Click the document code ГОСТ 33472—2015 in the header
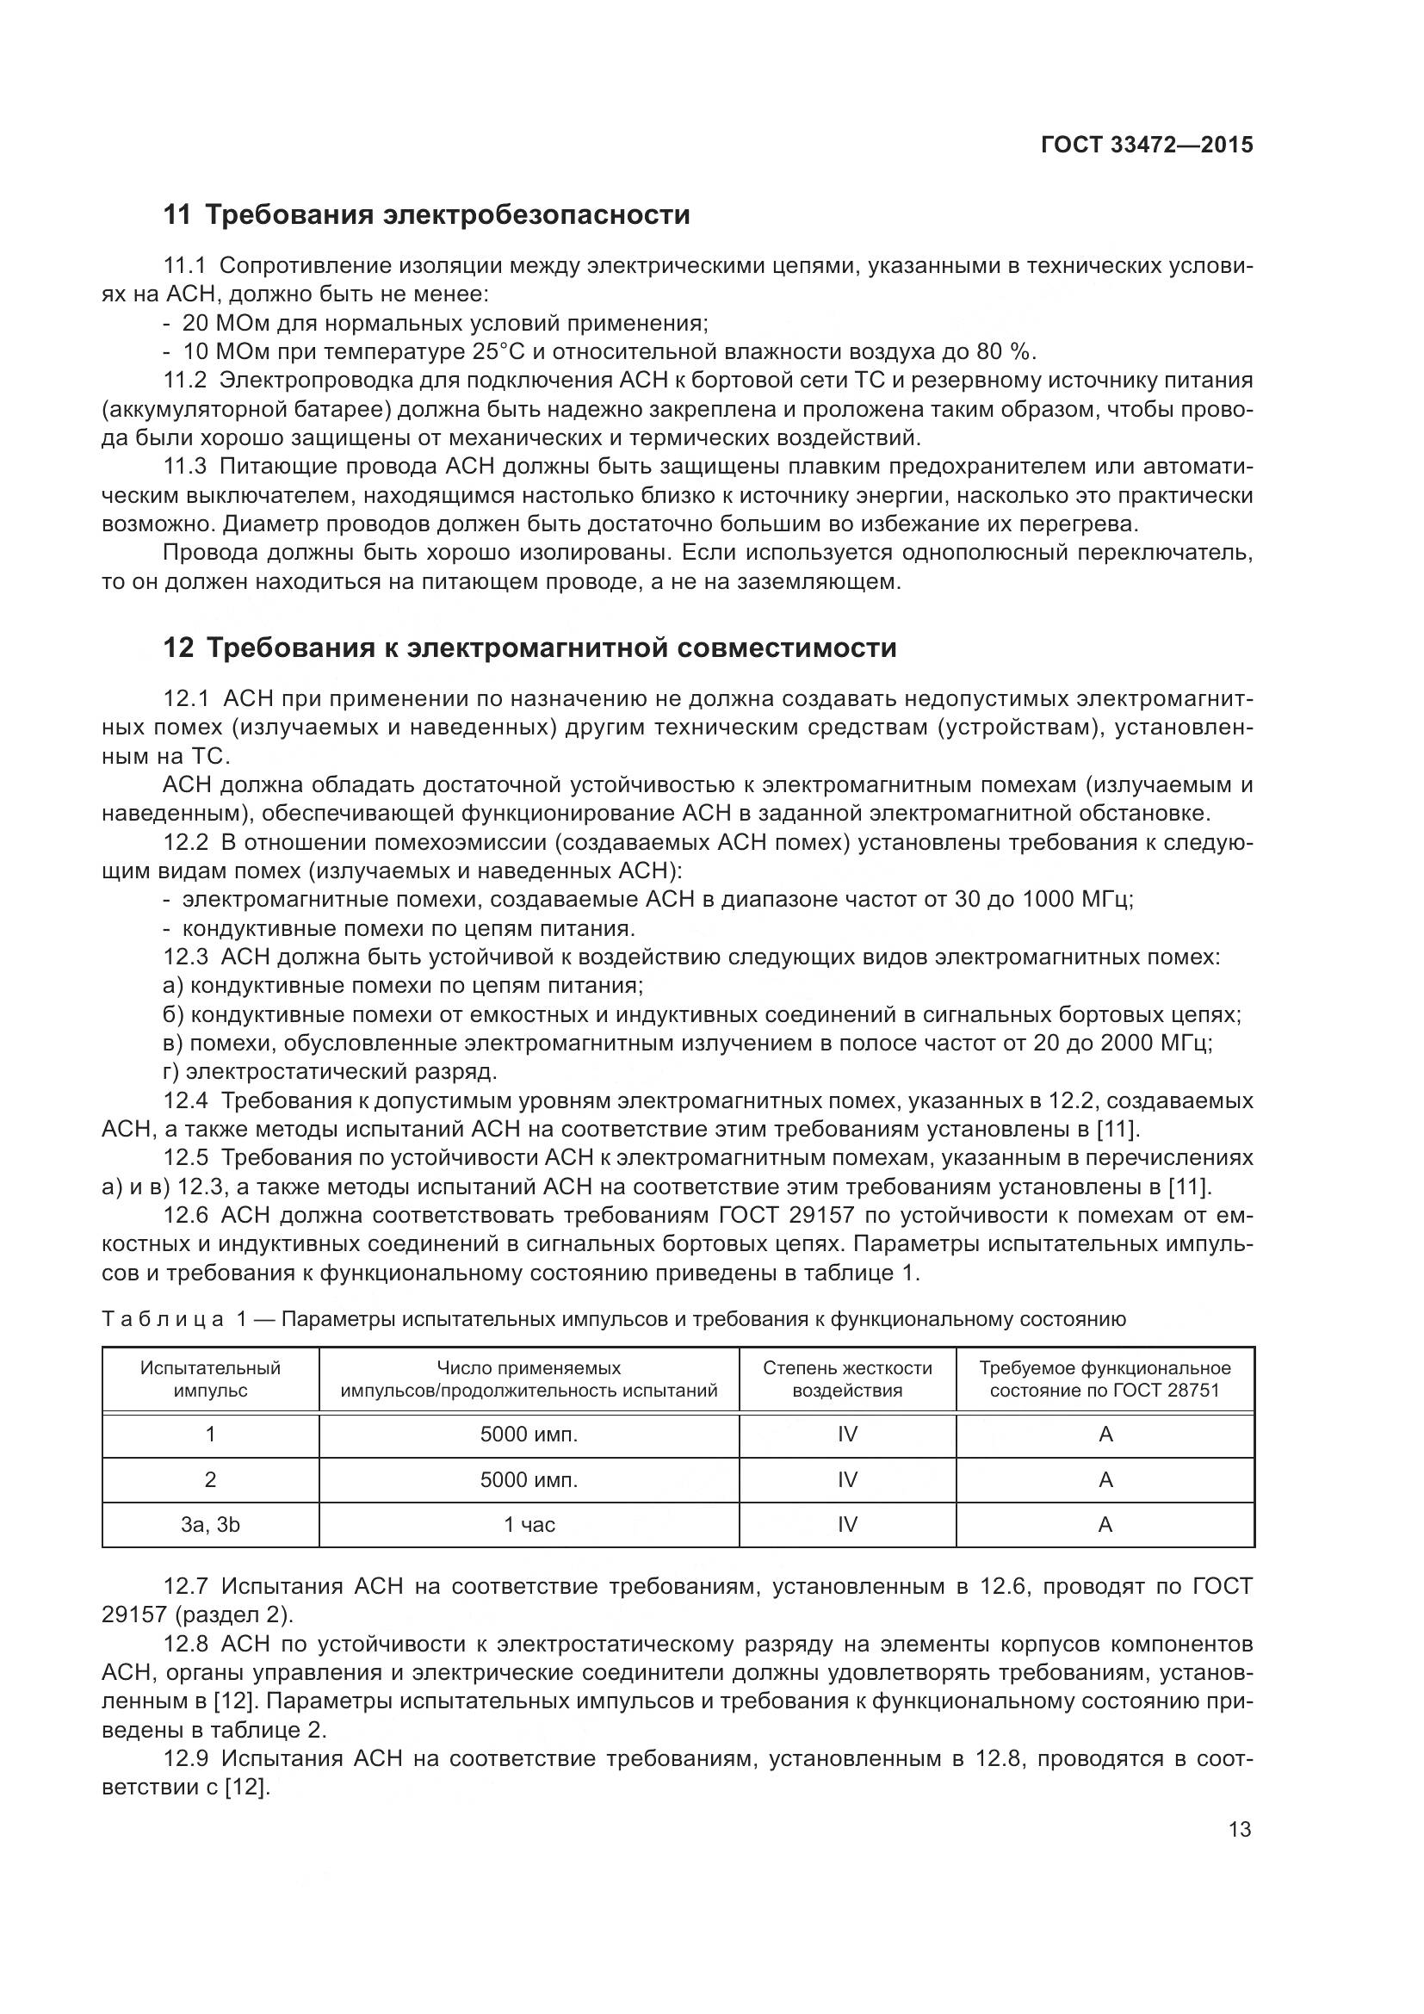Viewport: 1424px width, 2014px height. click(1147, 146)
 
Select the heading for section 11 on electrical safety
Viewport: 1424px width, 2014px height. click(427, 215)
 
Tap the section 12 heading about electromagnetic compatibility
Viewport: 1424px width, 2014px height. click(529, 648)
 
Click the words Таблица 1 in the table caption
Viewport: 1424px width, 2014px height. click(172, 1319)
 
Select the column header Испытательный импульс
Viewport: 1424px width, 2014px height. click(210, 1379)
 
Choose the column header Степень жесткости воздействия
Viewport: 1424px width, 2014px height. click(847, 1379)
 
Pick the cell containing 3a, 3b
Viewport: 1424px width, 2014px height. click(210, 1525)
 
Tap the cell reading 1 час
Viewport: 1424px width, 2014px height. click(529, 1525)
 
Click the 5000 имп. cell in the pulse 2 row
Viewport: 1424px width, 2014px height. click(529, 1480)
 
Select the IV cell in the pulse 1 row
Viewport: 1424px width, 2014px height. click(847, 1435)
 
